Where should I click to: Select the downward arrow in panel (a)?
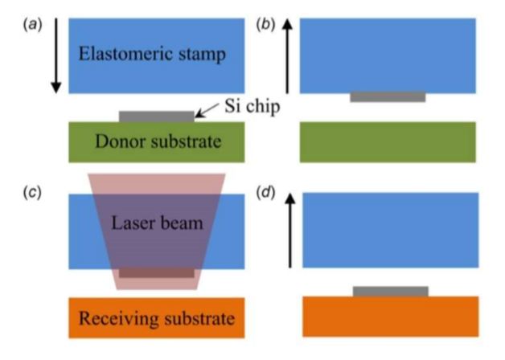(56, 56)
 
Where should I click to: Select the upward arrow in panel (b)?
(287, 56)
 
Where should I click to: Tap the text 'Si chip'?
(248, 107)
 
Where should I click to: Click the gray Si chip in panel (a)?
(156, 117)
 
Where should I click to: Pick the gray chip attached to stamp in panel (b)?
(388, 97)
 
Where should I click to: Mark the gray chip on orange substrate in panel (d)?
(390, 291)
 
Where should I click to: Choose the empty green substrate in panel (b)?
(388, 141)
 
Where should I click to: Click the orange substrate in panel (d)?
(390, 316)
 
